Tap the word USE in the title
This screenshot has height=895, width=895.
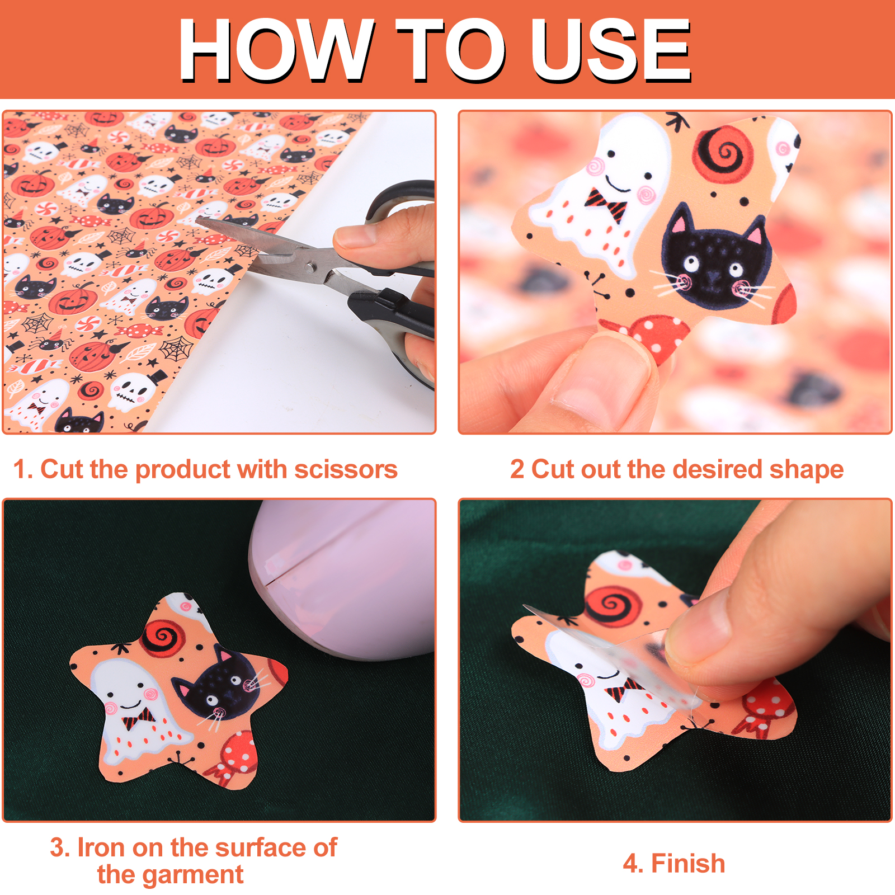[x=611, y=50]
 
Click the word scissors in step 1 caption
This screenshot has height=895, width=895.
[x=346, y=469]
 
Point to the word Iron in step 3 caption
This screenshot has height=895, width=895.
[x=101, y=847]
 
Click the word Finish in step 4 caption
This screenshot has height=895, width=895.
[x=688, y=863]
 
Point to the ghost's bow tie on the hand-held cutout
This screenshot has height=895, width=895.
[x=607, y=205]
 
